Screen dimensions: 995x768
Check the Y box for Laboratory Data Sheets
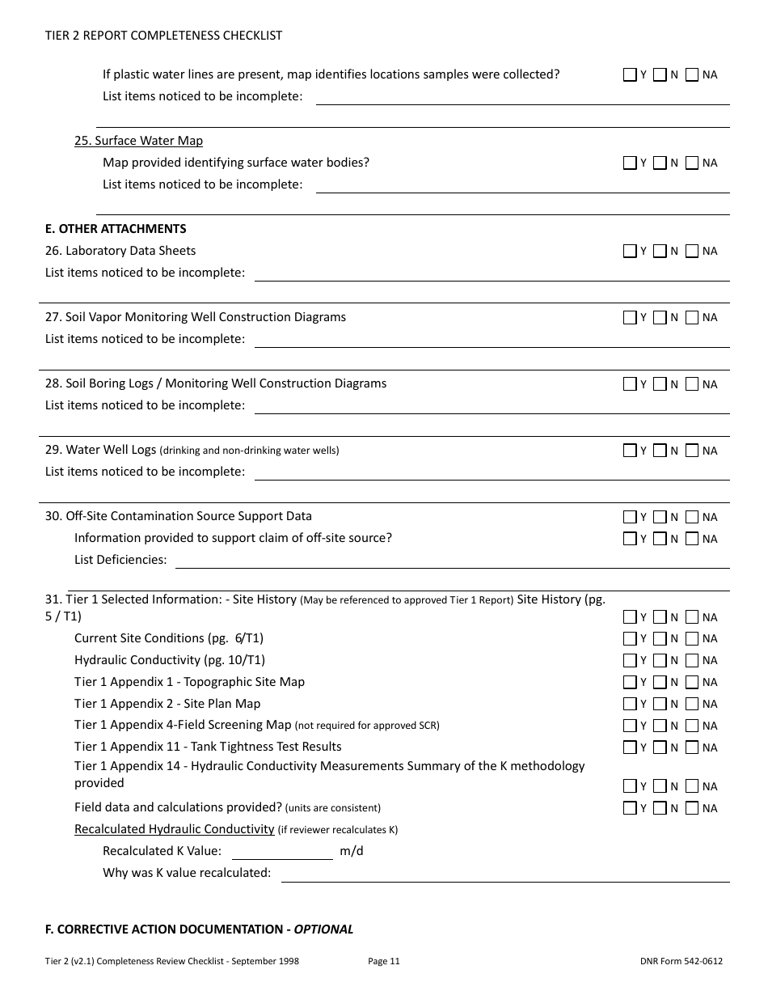tap(630, 252)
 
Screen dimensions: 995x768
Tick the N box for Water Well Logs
tap(660, 451)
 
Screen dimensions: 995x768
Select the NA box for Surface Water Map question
tap(692, 163)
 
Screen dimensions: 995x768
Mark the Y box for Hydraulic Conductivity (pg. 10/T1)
tap(630, 660)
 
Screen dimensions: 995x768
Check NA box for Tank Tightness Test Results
tap(692, 747)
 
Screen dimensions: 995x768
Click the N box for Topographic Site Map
tap(660, 682)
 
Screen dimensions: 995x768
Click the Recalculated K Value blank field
tap(282, 851)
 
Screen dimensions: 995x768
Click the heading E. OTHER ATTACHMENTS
tap(116, 229)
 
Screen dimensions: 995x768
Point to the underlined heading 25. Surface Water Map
tap(138, 141)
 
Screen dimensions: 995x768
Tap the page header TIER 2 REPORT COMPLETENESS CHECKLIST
tap(163, 36)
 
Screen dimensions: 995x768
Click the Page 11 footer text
tap(383, 961)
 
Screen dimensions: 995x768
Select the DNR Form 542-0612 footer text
tap(681, 961)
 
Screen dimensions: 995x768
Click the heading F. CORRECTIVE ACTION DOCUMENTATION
tap(199, 929)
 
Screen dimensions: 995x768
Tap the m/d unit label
tap(352, 851)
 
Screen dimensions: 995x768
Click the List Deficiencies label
tap(120, 560)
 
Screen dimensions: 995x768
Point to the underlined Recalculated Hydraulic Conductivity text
tap(174, 829)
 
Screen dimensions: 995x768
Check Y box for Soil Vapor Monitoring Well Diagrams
tap(630, 318)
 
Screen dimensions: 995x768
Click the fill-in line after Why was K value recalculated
tap(504, 874)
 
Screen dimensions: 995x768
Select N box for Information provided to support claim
tap(660, 539)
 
